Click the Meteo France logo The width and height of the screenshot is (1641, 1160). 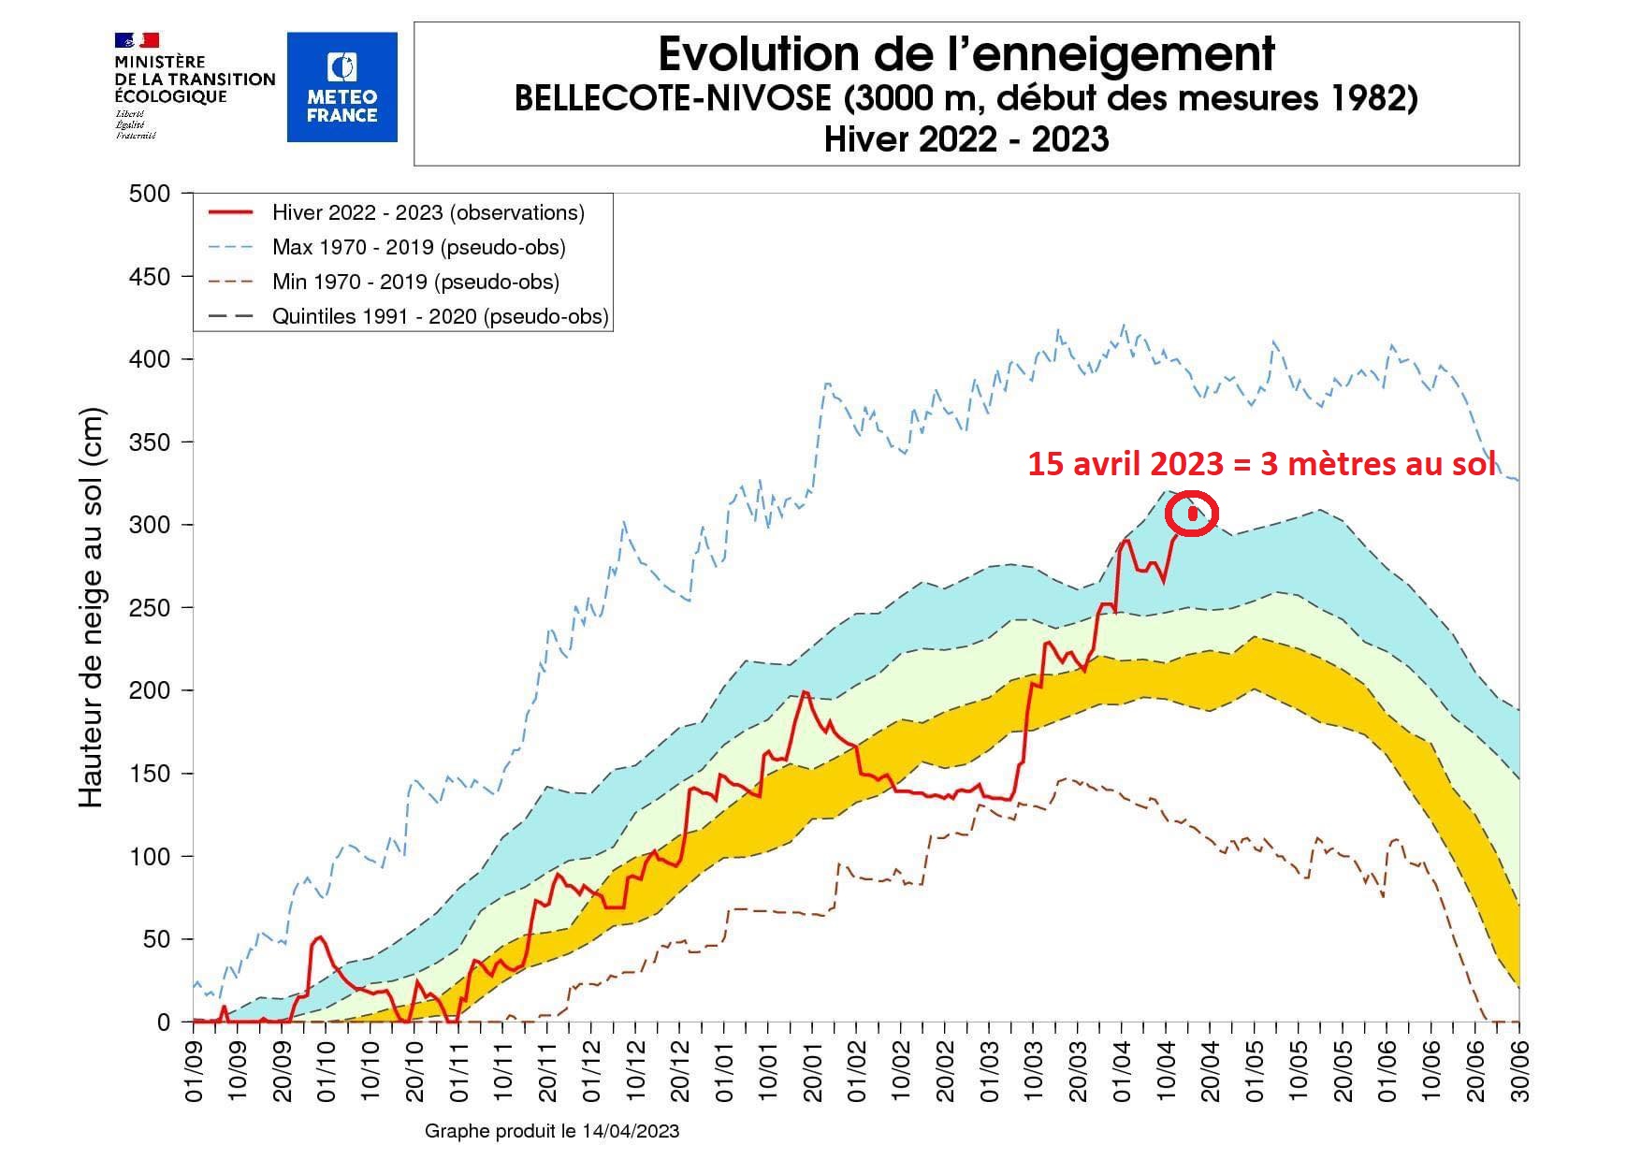341,87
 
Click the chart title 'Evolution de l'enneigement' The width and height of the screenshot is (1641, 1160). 966,54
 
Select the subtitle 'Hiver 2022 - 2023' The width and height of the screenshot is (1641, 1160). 966,139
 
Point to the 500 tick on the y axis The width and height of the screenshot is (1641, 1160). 150,194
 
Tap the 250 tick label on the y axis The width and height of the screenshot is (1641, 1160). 150,608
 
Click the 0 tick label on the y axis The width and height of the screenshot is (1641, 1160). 164,1022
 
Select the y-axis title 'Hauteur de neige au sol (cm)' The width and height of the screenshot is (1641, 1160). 91,608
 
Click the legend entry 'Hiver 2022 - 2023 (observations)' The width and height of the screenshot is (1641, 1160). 428,212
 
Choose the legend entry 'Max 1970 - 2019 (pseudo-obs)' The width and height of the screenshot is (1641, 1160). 418,247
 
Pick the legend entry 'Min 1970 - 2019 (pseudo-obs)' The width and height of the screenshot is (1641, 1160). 415,282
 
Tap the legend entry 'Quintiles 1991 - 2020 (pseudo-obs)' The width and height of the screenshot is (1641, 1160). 440,316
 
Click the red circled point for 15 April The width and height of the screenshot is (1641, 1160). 1193,513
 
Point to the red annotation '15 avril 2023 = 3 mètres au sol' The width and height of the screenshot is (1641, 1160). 1261,464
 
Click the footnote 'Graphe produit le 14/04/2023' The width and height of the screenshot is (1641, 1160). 552,1131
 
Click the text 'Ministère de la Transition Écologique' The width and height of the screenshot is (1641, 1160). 195,80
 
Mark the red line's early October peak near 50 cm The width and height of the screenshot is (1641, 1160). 319,936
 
